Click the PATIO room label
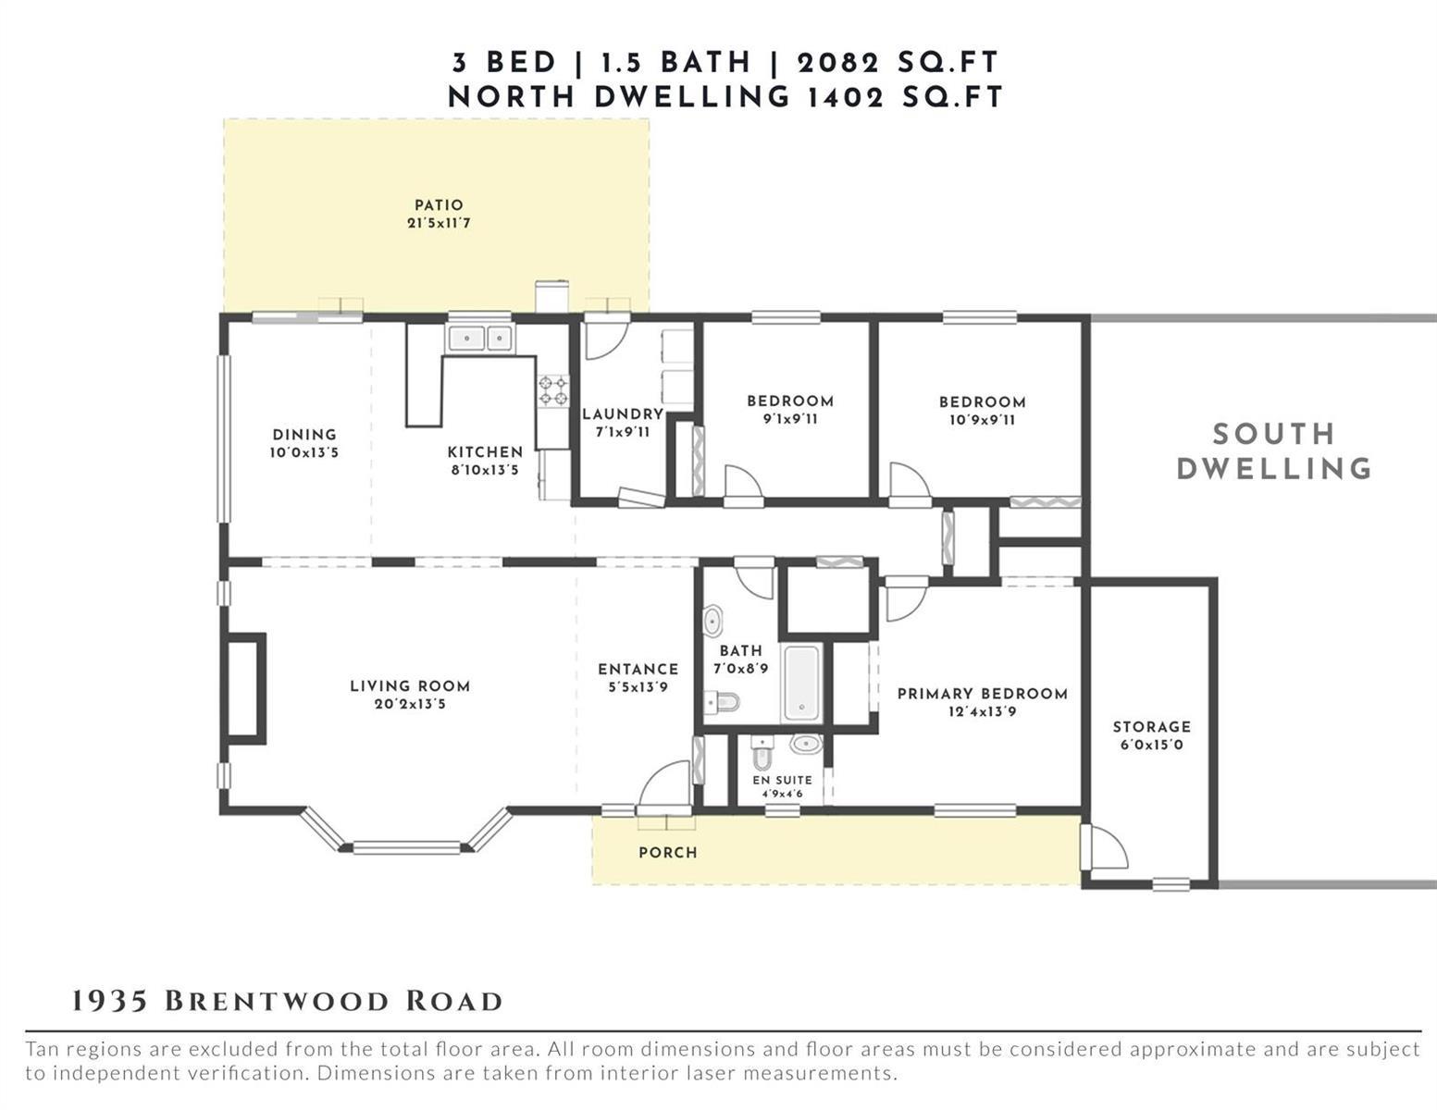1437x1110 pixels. [x=439, y=205]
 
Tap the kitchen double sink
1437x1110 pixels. [x=480, y=339]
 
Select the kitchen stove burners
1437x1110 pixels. [x=552, y=390]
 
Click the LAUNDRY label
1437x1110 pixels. [x=623, y=413]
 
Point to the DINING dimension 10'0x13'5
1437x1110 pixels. [x=304, y=453]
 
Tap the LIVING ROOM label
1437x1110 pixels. [x=410, y=686]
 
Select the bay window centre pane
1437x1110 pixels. [x=406, y=847]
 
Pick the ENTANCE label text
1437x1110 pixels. [x=638, y=669]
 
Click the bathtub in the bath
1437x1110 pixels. [x=801, y=683]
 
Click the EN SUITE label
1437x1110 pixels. [x=782, y=780]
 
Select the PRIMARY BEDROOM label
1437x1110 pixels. [x=983, y=694]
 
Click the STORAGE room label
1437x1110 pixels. [x=1152, y=726]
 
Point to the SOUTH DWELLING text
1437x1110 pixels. [x=1273, y=451]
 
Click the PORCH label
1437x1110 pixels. [x=668, y=853]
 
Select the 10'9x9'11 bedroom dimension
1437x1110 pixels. [x=982, y=420]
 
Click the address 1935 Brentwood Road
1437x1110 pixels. [x=287, y=1002]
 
